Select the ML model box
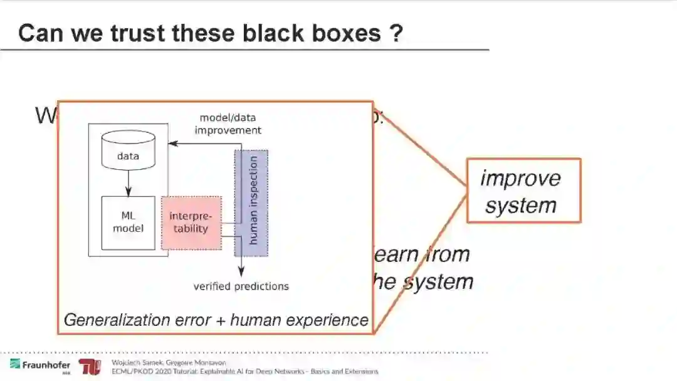pos(128,222)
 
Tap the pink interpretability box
pos(191,222)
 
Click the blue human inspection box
pos(251,203)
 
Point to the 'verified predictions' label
pos(241,286)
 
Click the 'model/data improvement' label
pos(228,124)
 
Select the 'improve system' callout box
pos(523,190)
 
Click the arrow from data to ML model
pos(128,182)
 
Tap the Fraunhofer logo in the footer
pos(39,365)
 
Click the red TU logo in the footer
pos(89,367)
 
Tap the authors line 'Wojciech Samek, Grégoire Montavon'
pos(168,362)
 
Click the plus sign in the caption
pos(220,321)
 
